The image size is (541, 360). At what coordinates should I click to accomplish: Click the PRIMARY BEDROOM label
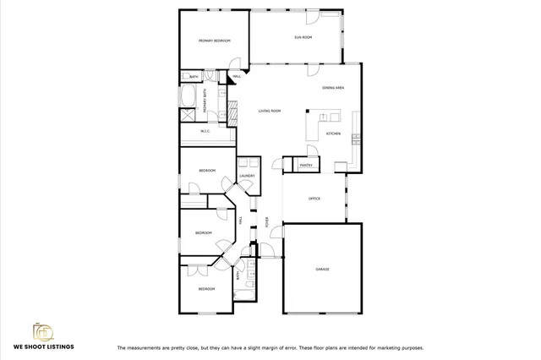pyautogui.click(x=215, y=41)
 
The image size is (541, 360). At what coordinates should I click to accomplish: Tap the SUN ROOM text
pyautogui.click(x=303, y=37)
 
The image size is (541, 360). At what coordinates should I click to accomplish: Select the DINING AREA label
pyautogui.click(x=332, y=88)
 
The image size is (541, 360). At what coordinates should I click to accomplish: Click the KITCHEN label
pyautogui.click(x=333, y=134)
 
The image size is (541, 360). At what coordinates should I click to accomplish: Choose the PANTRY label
pyautogui.click(x=305, y=165)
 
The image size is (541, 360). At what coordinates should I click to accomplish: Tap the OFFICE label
pyautogui.click(x=313, y=199)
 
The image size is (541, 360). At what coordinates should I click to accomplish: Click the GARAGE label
pyautogui.click(x=322, y=269)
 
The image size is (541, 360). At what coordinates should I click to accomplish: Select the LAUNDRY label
pyautogui.click(x=247, y=176)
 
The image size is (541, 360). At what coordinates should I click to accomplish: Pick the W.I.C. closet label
pyautogui.click(x=205, y=131)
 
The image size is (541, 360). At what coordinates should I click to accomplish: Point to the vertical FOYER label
pyautogui.click(x=267, y=223)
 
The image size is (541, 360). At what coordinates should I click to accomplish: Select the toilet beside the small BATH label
pyautogui.click(x=209, y=77)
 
